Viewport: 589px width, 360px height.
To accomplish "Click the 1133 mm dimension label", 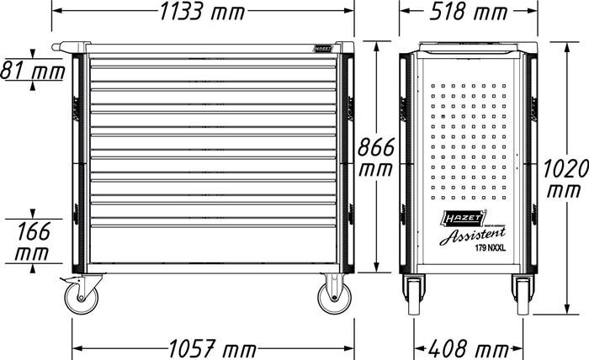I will (x=200, y=13).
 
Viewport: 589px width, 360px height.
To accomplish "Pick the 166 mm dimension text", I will (x=32, y=239).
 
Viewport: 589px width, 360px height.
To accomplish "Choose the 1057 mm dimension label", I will (x=210, y=347).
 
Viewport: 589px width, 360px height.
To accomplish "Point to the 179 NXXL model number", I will (x=485, y=248).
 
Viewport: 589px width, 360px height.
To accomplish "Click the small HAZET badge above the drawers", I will (x=323, y=48).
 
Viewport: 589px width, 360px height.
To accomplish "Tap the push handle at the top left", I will (x=69, y=47).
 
